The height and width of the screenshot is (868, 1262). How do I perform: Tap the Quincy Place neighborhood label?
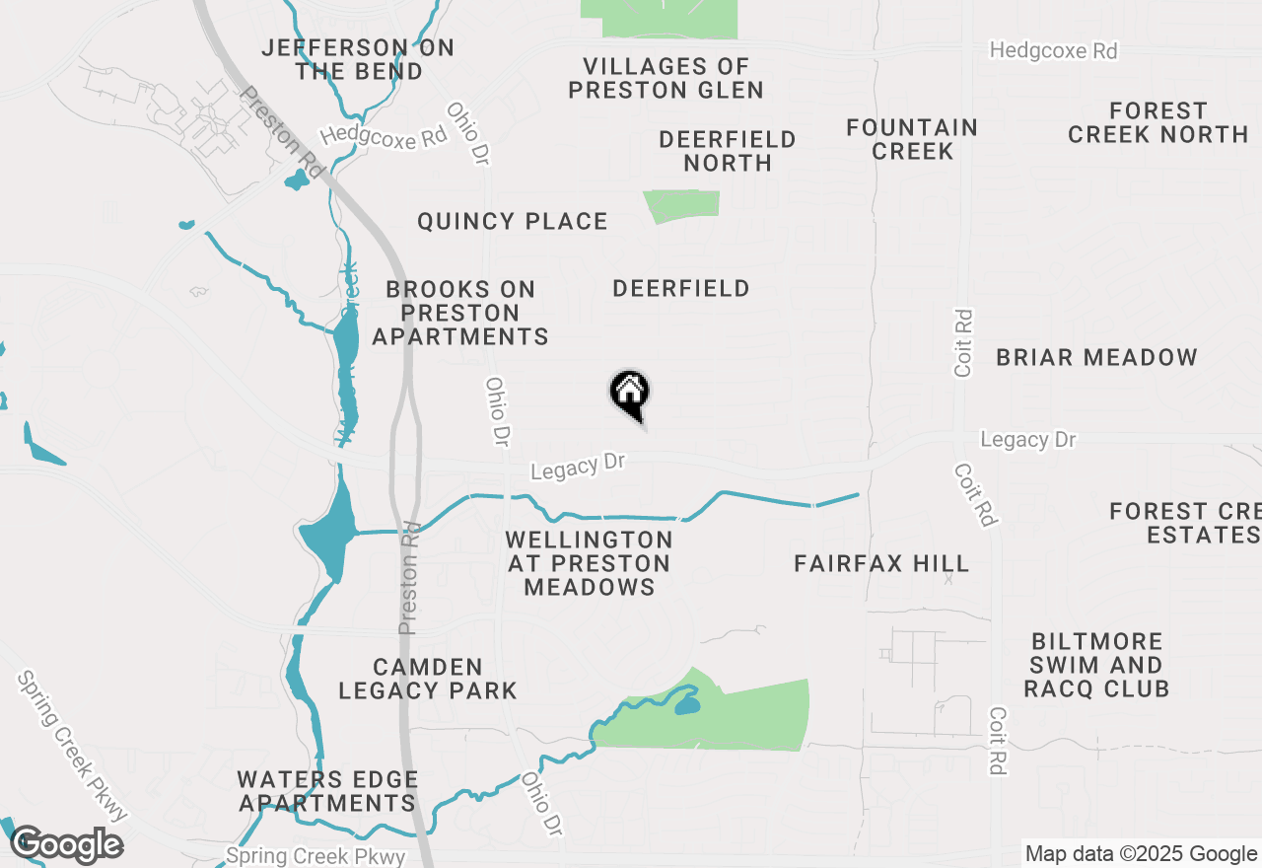512,221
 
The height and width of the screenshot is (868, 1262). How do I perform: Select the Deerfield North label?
728,151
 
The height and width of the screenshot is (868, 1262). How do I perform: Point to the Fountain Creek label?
912,139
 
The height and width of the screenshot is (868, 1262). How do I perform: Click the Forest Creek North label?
1157,122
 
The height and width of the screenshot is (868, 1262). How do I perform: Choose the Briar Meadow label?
1096,357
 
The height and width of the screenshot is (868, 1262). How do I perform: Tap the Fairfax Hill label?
881,563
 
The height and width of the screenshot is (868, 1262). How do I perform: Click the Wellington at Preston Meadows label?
590,563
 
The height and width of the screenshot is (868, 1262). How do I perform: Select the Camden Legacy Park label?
428,679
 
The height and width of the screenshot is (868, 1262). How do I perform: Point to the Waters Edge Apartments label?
327,791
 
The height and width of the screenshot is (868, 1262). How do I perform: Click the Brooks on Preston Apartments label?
460,313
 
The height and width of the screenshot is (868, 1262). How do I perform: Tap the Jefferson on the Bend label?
358,59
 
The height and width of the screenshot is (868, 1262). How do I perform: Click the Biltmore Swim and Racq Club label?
1095,665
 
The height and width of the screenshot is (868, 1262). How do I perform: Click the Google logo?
66,845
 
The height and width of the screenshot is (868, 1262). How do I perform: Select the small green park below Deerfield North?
682,205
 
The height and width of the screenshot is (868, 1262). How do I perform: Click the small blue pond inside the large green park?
685,705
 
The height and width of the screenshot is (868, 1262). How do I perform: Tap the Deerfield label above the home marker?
680,288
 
